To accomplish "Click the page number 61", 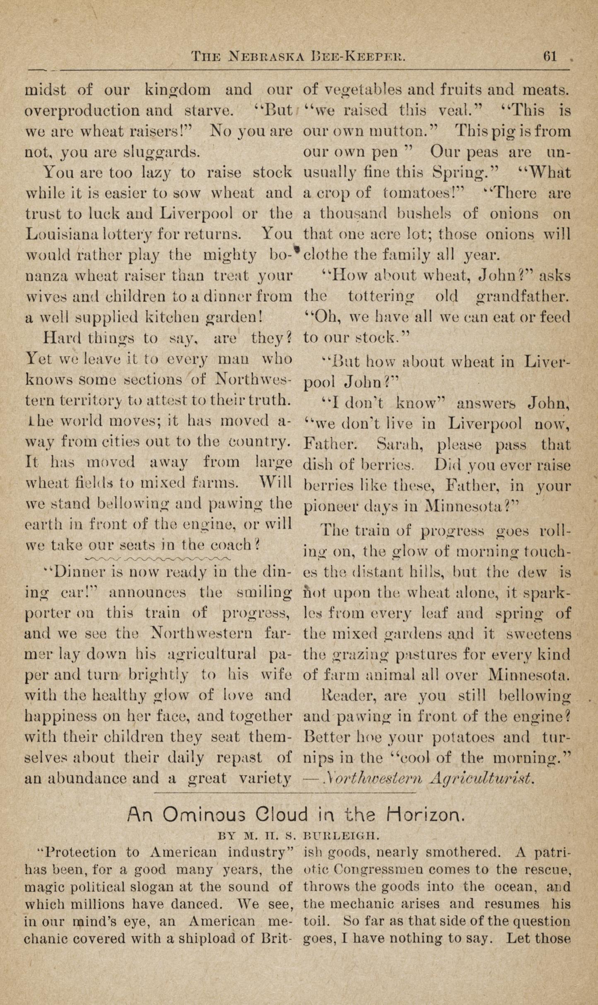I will point(550,57).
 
